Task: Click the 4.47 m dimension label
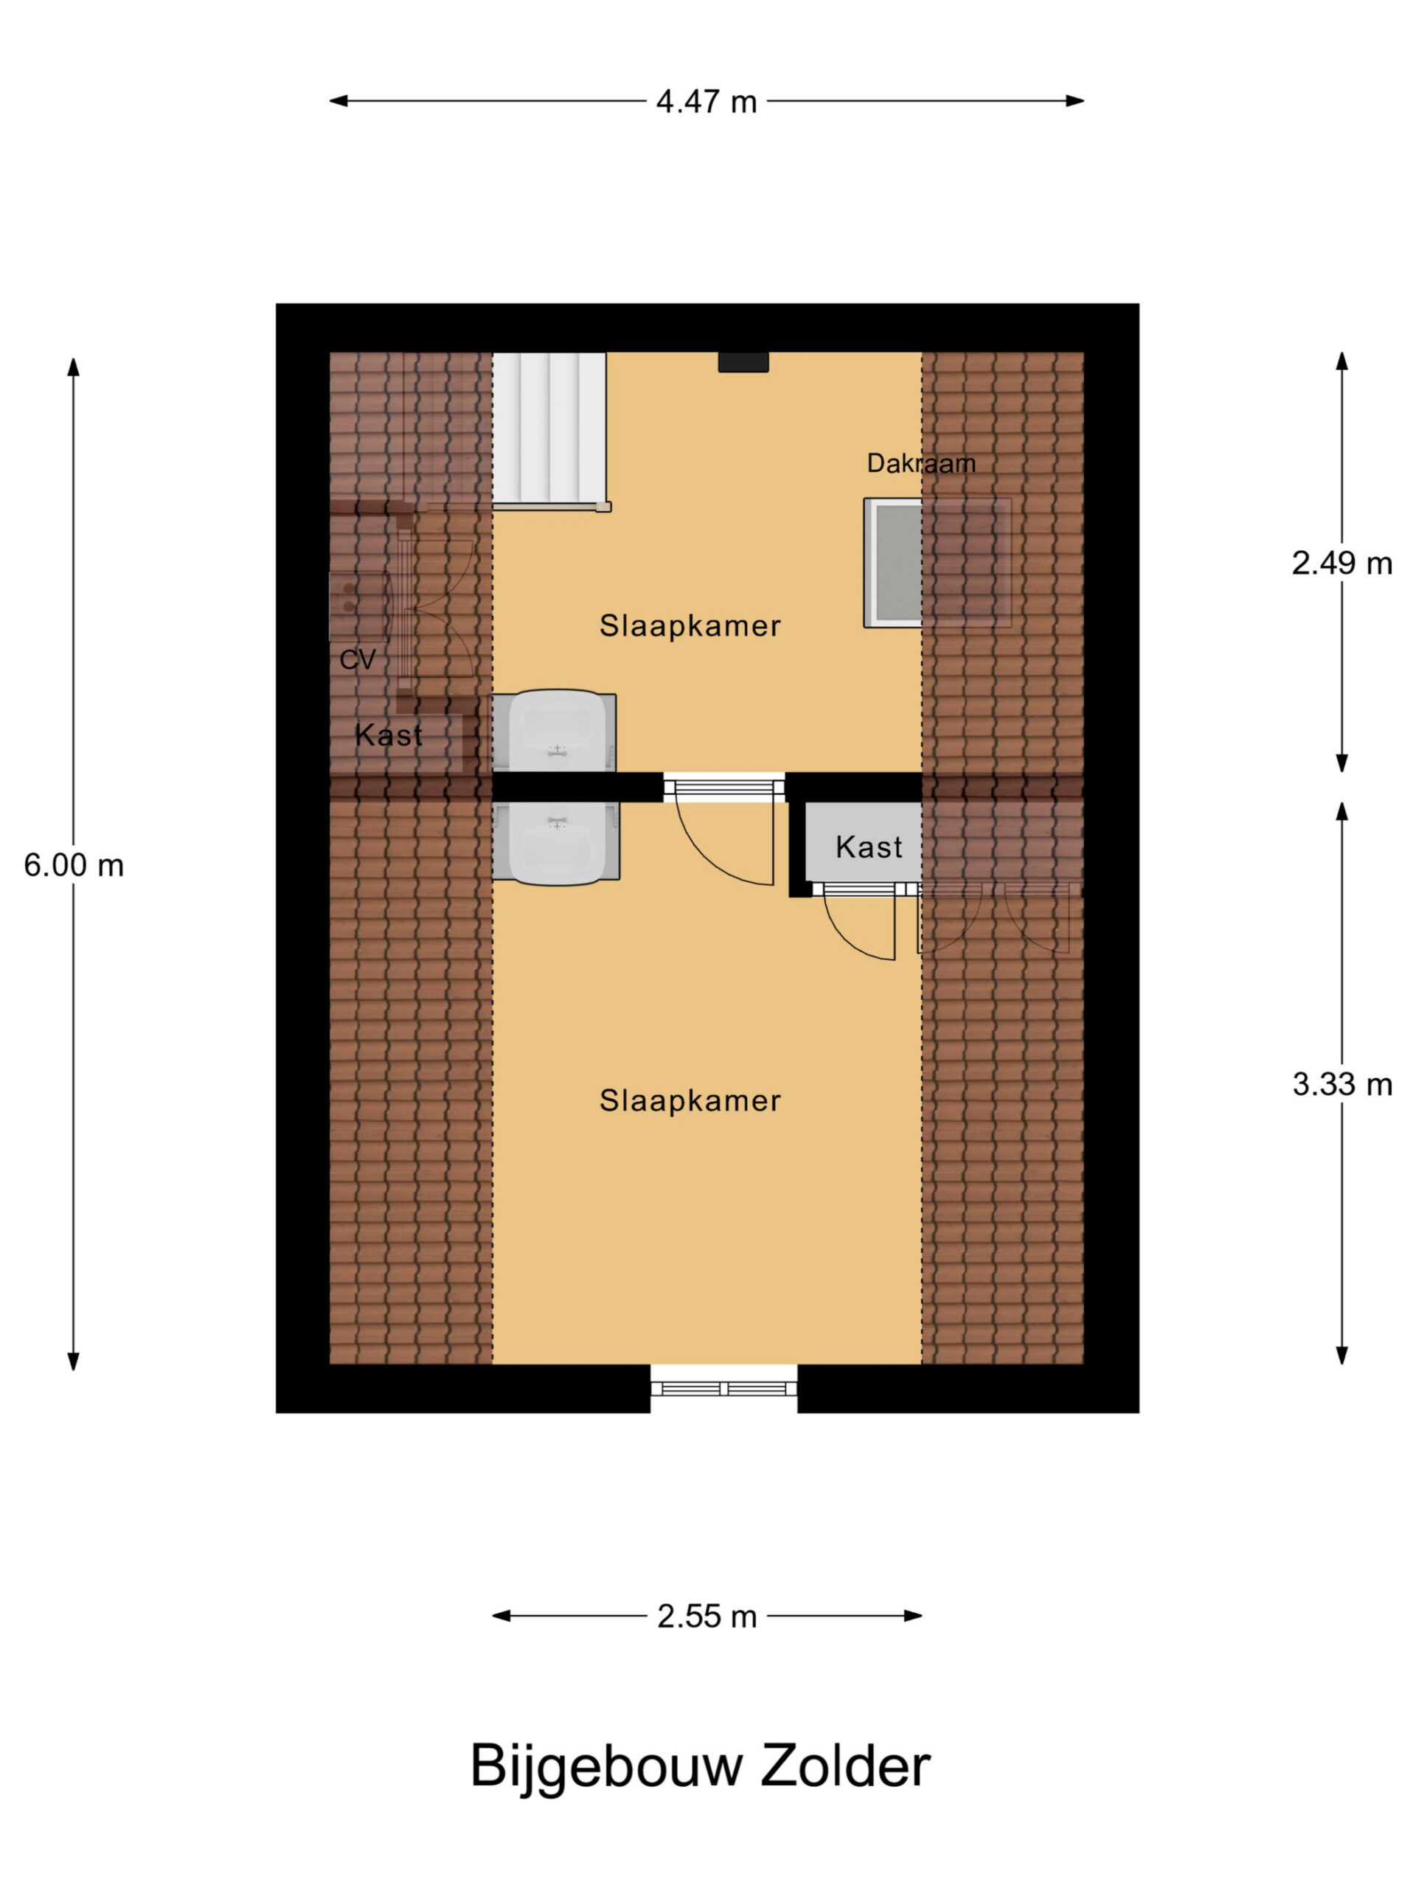706,102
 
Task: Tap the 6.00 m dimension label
74,866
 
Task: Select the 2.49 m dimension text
1341,563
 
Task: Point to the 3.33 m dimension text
1341,1084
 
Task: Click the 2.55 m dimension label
707,1617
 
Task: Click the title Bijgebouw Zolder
700,1766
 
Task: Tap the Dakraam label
921,463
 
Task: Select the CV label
357,660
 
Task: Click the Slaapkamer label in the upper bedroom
690,625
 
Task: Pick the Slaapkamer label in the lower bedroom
690,1100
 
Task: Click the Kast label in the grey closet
869,847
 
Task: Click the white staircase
550,429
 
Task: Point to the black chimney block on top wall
743,362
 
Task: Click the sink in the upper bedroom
555,732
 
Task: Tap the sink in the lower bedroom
555,842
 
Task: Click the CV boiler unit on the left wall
358,606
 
